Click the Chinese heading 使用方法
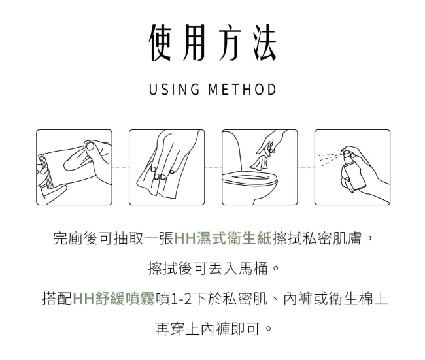pos(212,43)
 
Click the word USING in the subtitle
pos(175,90)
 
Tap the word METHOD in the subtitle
pos(243,90)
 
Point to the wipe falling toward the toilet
pos(260,163)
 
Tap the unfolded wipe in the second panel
pos(163,168)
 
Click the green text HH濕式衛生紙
pos(222,238)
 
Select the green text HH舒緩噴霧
pos(114,299)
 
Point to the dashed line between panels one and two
pos(120,167)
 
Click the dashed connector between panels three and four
pos(306,167)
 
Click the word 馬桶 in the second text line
pos(253,269)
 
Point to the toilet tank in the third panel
pos(231,152)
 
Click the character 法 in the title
pos(264,43)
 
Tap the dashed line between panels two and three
pos(213,167)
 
